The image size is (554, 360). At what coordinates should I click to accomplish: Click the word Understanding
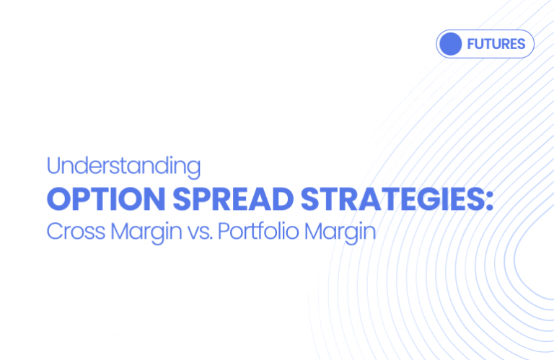point(123,167)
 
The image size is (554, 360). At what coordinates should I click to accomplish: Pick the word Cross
point(71,232)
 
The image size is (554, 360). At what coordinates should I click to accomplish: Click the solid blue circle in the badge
point(452,44)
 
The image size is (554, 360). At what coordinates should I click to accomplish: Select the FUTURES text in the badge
point(496,44)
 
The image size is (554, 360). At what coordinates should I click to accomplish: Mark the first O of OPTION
point(57,199)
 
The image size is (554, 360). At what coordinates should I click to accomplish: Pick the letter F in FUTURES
point(471,44)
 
